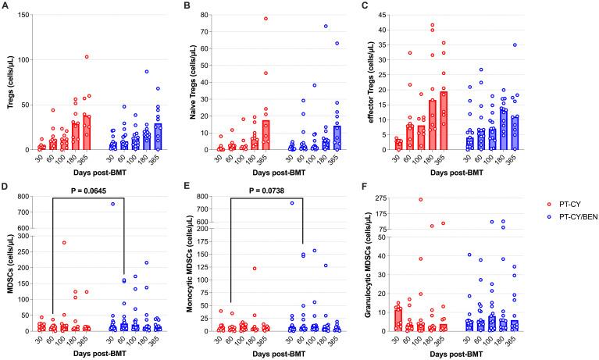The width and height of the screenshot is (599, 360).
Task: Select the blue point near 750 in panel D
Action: pyautogui.click(x=112, y=204)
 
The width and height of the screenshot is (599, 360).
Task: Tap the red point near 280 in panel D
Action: pyautogui.click(x=64, y=242)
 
